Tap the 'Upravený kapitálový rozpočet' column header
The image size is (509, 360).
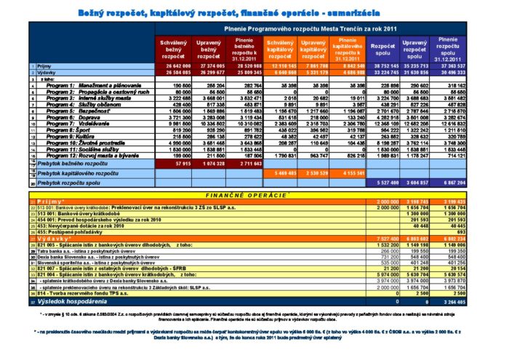point(313,49)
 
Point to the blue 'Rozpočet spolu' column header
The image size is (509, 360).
point(382,49)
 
